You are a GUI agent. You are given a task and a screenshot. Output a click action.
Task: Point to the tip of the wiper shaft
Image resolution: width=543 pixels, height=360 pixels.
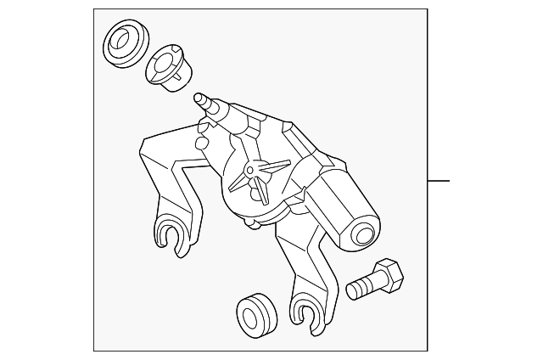(x=199, y=97)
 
